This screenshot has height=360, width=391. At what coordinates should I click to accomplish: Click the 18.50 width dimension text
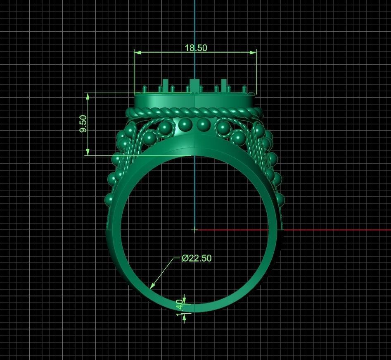click(x=196, y=48)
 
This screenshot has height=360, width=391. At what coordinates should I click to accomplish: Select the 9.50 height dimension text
click(x=83, y=124)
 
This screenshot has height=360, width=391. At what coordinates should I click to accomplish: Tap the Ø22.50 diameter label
click(x=197, y=258)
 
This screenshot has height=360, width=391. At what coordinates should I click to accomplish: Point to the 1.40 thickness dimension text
click(x=179, y=308)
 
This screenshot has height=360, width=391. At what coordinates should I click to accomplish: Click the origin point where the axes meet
click(x=195, y=230)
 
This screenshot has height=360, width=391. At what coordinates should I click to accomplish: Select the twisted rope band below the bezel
click(x=194, y=112)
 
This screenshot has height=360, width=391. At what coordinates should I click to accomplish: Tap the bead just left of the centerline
click(x=185, y=124)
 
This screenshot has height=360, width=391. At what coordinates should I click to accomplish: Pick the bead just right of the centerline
click(x=202, y=124)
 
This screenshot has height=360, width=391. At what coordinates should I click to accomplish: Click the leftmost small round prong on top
click(x=145, y=89)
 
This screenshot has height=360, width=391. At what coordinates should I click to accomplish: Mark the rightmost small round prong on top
click(x=244, y=89)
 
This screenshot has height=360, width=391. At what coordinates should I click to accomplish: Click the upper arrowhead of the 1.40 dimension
click(x=184, y=300)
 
